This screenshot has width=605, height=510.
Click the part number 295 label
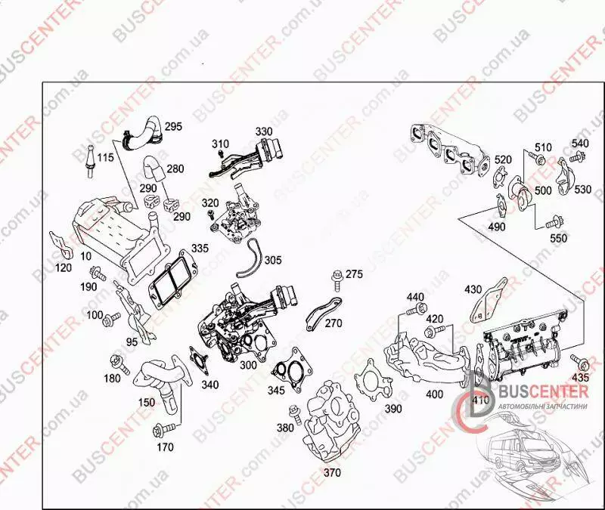pos(173,126)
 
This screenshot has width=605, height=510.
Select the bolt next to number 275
pos(337,281)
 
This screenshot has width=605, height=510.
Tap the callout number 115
pos(105,157)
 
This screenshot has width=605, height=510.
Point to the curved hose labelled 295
pos(141,134)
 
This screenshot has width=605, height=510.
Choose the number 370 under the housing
pos(332,473)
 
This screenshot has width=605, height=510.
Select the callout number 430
pos(473,289)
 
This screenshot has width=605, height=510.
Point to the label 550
pos(558,238)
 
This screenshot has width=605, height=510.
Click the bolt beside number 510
pos(535,157)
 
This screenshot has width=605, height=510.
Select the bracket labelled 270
pos(324,313)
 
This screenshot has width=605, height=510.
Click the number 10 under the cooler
pos(86,256)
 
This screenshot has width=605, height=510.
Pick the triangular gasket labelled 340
pos(200,360)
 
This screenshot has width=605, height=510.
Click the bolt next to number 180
pos(119,363)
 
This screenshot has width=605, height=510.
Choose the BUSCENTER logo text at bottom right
pos(544,391)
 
